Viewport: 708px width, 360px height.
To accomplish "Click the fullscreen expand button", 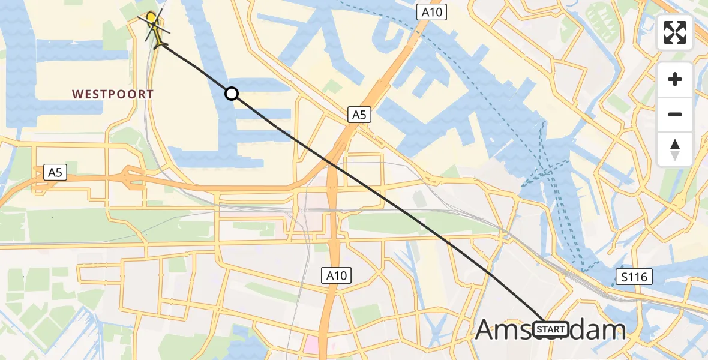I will [675, 32].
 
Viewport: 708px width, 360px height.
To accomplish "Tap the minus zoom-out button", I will [675, 114].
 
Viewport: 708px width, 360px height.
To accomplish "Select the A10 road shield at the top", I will [432, 12].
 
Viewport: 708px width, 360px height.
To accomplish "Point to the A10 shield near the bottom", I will [335, 275].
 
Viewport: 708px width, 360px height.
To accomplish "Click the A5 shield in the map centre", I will [358, 115].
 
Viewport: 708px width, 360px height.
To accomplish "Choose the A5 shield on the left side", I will [55, 173].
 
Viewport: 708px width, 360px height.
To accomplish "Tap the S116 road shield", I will [634, 277].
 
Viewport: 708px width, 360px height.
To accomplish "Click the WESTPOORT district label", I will [113, 94].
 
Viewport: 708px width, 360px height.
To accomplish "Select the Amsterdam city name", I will [550, 330].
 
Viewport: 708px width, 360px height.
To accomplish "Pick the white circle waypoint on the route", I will [232, 94].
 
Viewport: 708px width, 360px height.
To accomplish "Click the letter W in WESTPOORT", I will [77, 94].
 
